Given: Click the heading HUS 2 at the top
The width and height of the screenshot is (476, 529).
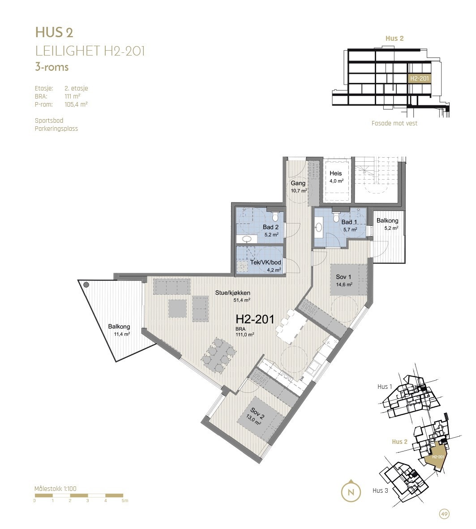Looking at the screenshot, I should pyautogui.click(x=54, y=32).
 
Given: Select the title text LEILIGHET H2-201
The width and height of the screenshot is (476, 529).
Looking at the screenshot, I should pyautogui.click(x=90, y=51).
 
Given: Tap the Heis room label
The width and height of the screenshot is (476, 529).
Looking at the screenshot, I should pyautogui.click(x=336, y=173).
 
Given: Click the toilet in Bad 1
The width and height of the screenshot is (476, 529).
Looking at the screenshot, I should pyautogui.click(x=336, y=217).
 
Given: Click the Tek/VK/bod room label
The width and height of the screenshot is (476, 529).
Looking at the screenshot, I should pyautogui.click(x=266, y=262).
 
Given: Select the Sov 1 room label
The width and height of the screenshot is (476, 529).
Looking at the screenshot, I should pyautogui.click(x=344, y=277).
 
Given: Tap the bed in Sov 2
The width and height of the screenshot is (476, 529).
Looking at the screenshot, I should pyautogui.click(x=264, y=418).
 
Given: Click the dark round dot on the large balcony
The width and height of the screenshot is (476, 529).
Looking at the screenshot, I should pyautogui.click(x=86, y=284).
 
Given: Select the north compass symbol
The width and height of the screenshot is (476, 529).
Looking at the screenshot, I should pyautogui.click(x=352, y=491).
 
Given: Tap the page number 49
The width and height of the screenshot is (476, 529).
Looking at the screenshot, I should pyautogui.click(x=444, y=514).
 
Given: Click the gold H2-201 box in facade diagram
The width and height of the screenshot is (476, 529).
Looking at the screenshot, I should pyautogui.click(x=419, y=78).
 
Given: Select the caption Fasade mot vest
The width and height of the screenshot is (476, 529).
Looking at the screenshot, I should pyautogui.click(x=394, y=123).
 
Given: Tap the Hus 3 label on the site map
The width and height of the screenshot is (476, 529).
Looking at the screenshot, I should pyautogui.click(x=380, y=490).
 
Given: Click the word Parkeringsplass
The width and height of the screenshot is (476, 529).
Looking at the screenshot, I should pyautogui.click(x=56, y=129).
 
